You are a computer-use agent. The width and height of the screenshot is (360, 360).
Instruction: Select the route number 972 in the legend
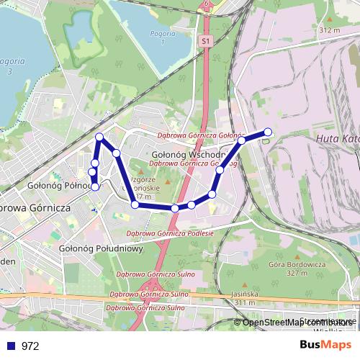point(30,346)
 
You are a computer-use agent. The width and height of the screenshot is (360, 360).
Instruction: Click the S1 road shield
point(207,42)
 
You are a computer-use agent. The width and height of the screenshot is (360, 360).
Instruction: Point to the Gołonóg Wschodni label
point(190,154)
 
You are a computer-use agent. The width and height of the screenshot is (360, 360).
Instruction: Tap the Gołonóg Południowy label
point(101,248)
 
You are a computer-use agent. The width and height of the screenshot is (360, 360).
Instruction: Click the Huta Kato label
point(336,138)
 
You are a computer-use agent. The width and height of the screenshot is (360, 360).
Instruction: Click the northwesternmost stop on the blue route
point(99,137)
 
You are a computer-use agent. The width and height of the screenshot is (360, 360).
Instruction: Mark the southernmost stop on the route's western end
point(95,187)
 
